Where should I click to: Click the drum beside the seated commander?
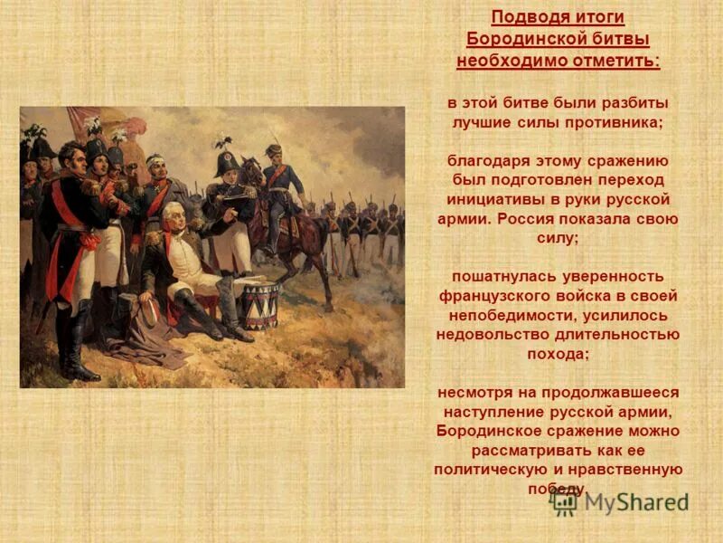coord(258,305)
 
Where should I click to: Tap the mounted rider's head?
coord(274,150)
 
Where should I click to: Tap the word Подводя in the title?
coord(526,18)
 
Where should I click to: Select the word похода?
coord(558,354)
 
